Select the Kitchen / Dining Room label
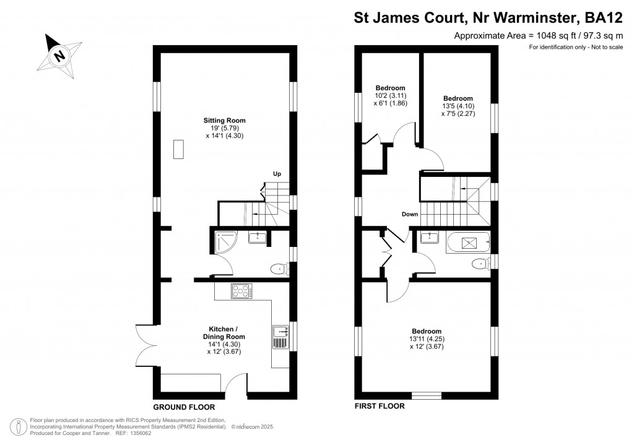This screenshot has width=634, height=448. [224, 340]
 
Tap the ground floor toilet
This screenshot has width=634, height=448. [280, 268]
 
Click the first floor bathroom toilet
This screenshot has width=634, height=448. [481, 264]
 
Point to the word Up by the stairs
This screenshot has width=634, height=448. [277, 174]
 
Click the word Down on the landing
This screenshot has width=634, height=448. [410, 214]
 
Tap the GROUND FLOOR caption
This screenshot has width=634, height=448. [185, 407]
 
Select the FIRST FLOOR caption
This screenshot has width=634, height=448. [379, 407]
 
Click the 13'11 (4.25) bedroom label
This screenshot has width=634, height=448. [427, 338]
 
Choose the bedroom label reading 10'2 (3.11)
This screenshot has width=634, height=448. [390, 95]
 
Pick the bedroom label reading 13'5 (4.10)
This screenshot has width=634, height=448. [458, 106]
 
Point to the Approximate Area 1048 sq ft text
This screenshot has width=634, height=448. [538, 36]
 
